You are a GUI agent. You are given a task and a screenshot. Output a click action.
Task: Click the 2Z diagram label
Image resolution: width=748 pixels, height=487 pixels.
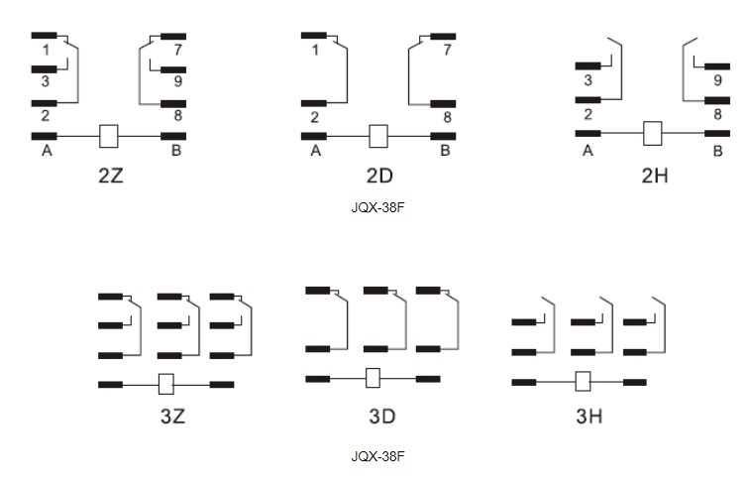coord(110,177)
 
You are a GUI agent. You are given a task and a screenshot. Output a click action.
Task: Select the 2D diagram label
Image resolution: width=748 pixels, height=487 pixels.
coord(379,177)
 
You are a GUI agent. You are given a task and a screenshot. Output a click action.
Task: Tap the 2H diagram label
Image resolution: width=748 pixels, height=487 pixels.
coord(654,177)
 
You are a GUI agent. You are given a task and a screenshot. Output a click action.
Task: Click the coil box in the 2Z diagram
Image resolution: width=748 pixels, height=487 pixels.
coord(110,135)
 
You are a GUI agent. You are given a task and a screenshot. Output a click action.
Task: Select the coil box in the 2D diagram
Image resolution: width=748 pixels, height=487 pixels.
coord(377,136)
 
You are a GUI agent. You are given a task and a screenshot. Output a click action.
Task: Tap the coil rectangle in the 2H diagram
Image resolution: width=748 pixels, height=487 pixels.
coord(652,133)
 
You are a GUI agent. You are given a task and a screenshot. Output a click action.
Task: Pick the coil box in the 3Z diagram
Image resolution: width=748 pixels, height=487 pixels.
coord(166,383)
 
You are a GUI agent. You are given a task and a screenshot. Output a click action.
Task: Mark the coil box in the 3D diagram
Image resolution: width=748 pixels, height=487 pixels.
coord(374,378)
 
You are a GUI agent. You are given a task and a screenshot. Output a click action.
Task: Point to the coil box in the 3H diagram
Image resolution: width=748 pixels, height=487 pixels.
coord(584,381)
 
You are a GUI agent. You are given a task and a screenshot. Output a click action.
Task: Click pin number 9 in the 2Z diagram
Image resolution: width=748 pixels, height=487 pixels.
coord(177,81)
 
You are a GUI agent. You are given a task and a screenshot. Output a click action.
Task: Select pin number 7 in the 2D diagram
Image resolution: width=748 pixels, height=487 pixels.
coord(447,50)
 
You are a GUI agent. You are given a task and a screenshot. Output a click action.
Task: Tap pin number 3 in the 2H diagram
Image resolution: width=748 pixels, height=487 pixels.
coord(588,80)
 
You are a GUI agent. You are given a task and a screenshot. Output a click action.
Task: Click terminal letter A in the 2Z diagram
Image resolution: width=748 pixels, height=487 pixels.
coord(46,151)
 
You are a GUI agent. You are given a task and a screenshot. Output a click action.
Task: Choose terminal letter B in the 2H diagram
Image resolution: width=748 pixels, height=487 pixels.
coord(717,151)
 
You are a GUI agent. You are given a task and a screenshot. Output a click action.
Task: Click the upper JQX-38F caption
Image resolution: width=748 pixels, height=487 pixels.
coord(378,207)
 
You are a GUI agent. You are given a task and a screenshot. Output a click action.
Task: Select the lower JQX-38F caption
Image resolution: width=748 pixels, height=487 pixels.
coord(378,457)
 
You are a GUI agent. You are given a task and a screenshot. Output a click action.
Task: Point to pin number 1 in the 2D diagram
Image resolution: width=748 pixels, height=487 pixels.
coord(315,50)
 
